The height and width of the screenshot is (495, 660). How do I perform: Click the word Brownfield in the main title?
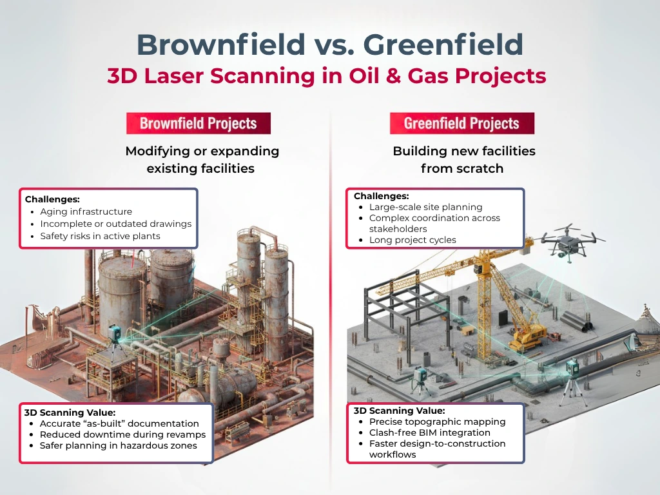click(221, 44)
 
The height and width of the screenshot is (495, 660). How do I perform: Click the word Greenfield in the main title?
click(443, 44)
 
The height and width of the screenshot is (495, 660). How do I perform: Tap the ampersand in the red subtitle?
click(393, 76)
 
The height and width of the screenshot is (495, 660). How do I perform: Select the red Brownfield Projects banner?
click(199, 123)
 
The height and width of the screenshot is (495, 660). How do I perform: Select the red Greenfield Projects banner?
click(461, 123)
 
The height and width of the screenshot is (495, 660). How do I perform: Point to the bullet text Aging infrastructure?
click(86, 211)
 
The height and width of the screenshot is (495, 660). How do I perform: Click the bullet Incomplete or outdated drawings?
click(116, 224)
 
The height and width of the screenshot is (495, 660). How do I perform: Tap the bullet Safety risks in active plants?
click(100, 236)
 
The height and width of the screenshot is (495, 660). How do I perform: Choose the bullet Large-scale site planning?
click(425, 207)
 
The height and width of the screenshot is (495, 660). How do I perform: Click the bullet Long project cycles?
click(412, 240)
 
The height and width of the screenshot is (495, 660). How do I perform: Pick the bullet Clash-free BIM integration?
click(430, 432)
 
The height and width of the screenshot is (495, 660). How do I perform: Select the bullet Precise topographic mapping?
click(438, 422)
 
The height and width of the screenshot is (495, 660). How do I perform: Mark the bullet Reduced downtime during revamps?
click(122, 434)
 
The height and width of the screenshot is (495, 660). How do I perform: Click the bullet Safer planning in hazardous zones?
click(119, 445)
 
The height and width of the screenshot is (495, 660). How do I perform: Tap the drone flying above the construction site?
click(570, 242)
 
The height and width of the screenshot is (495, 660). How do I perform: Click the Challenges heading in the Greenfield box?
click(381, 196)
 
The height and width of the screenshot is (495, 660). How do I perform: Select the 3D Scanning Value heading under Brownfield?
click(70, 412)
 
